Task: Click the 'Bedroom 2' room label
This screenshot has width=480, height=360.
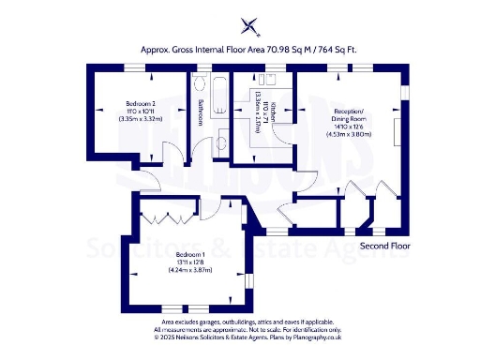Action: tap(141, 103)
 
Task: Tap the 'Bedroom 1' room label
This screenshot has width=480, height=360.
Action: tap(190, 254)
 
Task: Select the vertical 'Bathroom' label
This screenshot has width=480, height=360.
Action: tap(200, 111)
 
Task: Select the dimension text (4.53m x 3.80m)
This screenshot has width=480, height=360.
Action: tap(349, 135)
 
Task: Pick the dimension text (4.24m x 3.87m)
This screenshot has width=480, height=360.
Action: tap(190, 270)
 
